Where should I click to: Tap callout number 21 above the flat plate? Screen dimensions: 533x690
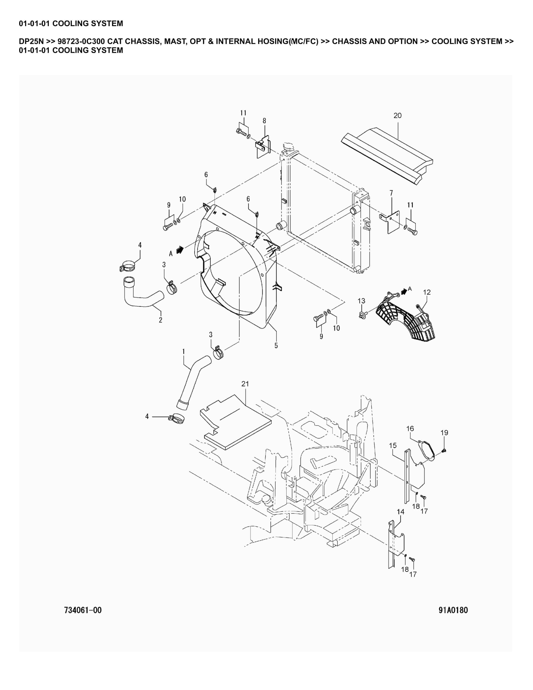click(245, 384)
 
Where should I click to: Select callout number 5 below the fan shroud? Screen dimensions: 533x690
click(276, 346)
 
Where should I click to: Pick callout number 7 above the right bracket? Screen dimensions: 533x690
click(391, 193)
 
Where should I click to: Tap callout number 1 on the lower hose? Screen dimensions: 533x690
click(184, 351)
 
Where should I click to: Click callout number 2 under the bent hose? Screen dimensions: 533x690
click(160, 320)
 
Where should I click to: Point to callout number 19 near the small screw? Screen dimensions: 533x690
click(444, 433)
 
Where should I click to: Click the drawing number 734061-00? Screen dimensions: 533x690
click(83, 610)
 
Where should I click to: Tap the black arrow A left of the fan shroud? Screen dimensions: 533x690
click(180, 250)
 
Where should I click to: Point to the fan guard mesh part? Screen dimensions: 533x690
click(406, 318)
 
